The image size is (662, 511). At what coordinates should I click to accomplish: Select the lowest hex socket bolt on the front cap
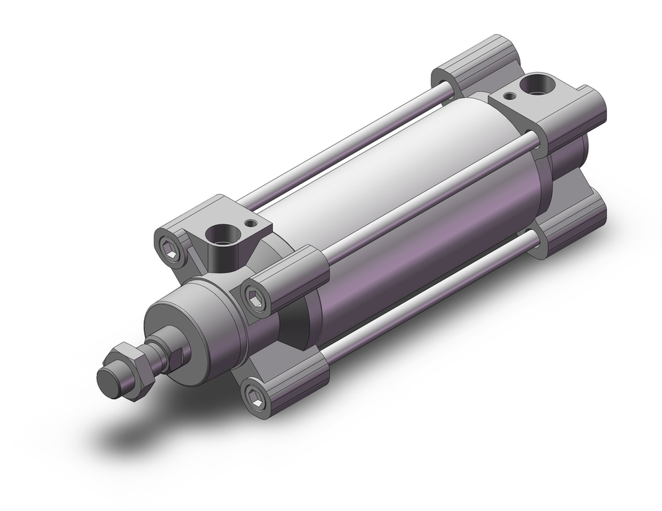click(x=255, y=396)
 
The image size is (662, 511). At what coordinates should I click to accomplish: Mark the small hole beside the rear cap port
click(x=508, y=96)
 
